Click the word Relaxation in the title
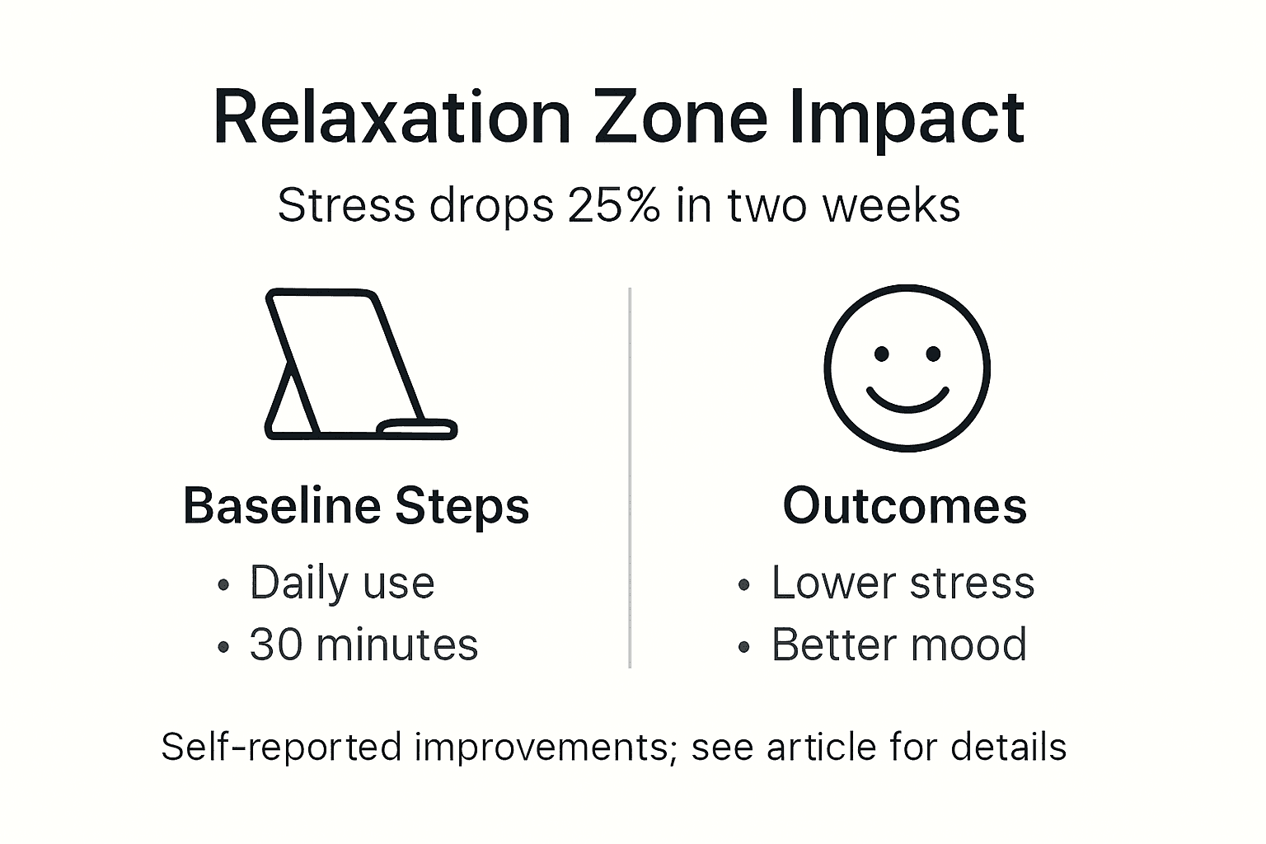(392, 118)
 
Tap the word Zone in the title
(681, 118)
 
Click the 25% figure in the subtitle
(614, 205)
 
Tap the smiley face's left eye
(881, 354)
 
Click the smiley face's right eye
(933, 354)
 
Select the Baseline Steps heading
(356, 506)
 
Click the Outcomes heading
(905, 505)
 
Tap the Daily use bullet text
(342, 584)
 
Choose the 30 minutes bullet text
(363, 645)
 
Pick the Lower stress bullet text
(903, 584)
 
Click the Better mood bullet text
(899, 645)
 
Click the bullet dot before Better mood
(744, 648)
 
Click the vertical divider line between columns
(630, 478)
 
